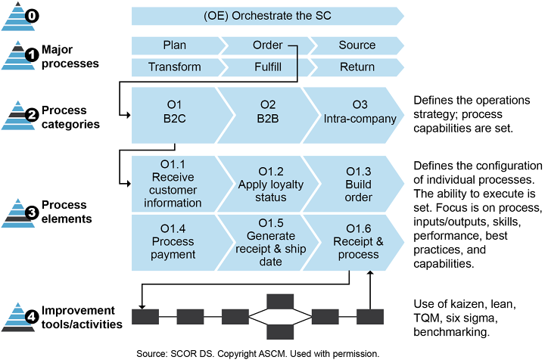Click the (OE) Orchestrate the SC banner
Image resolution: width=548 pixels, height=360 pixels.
click(x=267, y=17)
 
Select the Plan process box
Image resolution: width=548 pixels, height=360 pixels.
click(x=174, y=45)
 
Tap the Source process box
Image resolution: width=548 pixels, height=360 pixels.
click(x=357, y=45)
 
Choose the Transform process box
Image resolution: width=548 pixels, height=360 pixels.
click(x=174, y=67)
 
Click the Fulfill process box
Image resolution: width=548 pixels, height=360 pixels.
click(x=267, y=67)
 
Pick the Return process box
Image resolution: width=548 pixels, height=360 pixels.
click(x=357, y=67)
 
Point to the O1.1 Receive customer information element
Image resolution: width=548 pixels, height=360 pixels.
click(x=176, y=184)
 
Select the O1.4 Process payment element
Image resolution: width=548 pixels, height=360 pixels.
click(x=176, y=241)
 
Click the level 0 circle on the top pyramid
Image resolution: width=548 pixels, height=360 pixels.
click(x=32, y=16)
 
